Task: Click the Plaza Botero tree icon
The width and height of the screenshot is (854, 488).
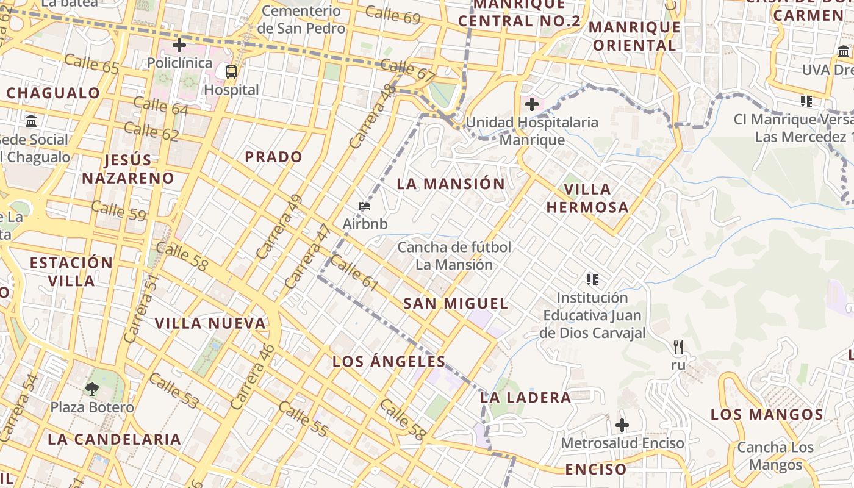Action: click(92, 389)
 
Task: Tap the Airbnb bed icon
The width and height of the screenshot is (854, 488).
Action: click(365, 207)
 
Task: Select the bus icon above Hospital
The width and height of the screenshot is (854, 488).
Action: click(231, 72)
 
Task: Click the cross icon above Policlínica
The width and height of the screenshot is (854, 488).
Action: click(179, 45)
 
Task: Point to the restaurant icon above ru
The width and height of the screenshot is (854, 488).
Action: click(678, 347)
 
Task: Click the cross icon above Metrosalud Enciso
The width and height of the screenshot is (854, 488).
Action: click(622, 425)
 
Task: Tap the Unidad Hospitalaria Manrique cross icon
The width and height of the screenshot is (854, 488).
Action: click(532, 104)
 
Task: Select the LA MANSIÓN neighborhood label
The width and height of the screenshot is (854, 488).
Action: click(451, 184)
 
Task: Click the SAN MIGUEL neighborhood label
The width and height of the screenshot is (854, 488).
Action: click(456, 303)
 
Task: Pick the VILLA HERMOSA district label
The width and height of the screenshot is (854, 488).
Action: click(587, 198)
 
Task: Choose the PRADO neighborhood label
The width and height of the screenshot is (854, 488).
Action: click(273, 157)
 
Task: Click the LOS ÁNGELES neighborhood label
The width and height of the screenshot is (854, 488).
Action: click(389, 361)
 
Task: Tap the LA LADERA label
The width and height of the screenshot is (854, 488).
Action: click(525, 398)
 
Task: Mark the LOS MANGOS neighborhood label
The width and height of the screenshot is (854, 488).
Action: click(767, 415)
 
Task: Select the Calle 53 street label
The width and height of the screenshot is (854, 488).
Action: click(174, 391)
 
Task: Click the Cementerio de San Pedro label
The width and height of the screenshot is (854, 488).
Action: click(301, 20)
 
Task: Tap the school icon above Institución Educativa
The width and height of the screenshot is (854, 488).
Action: click(592, 280)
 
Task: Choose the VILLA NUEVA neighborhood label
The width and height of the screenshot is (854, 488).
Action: click(210, 323)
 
